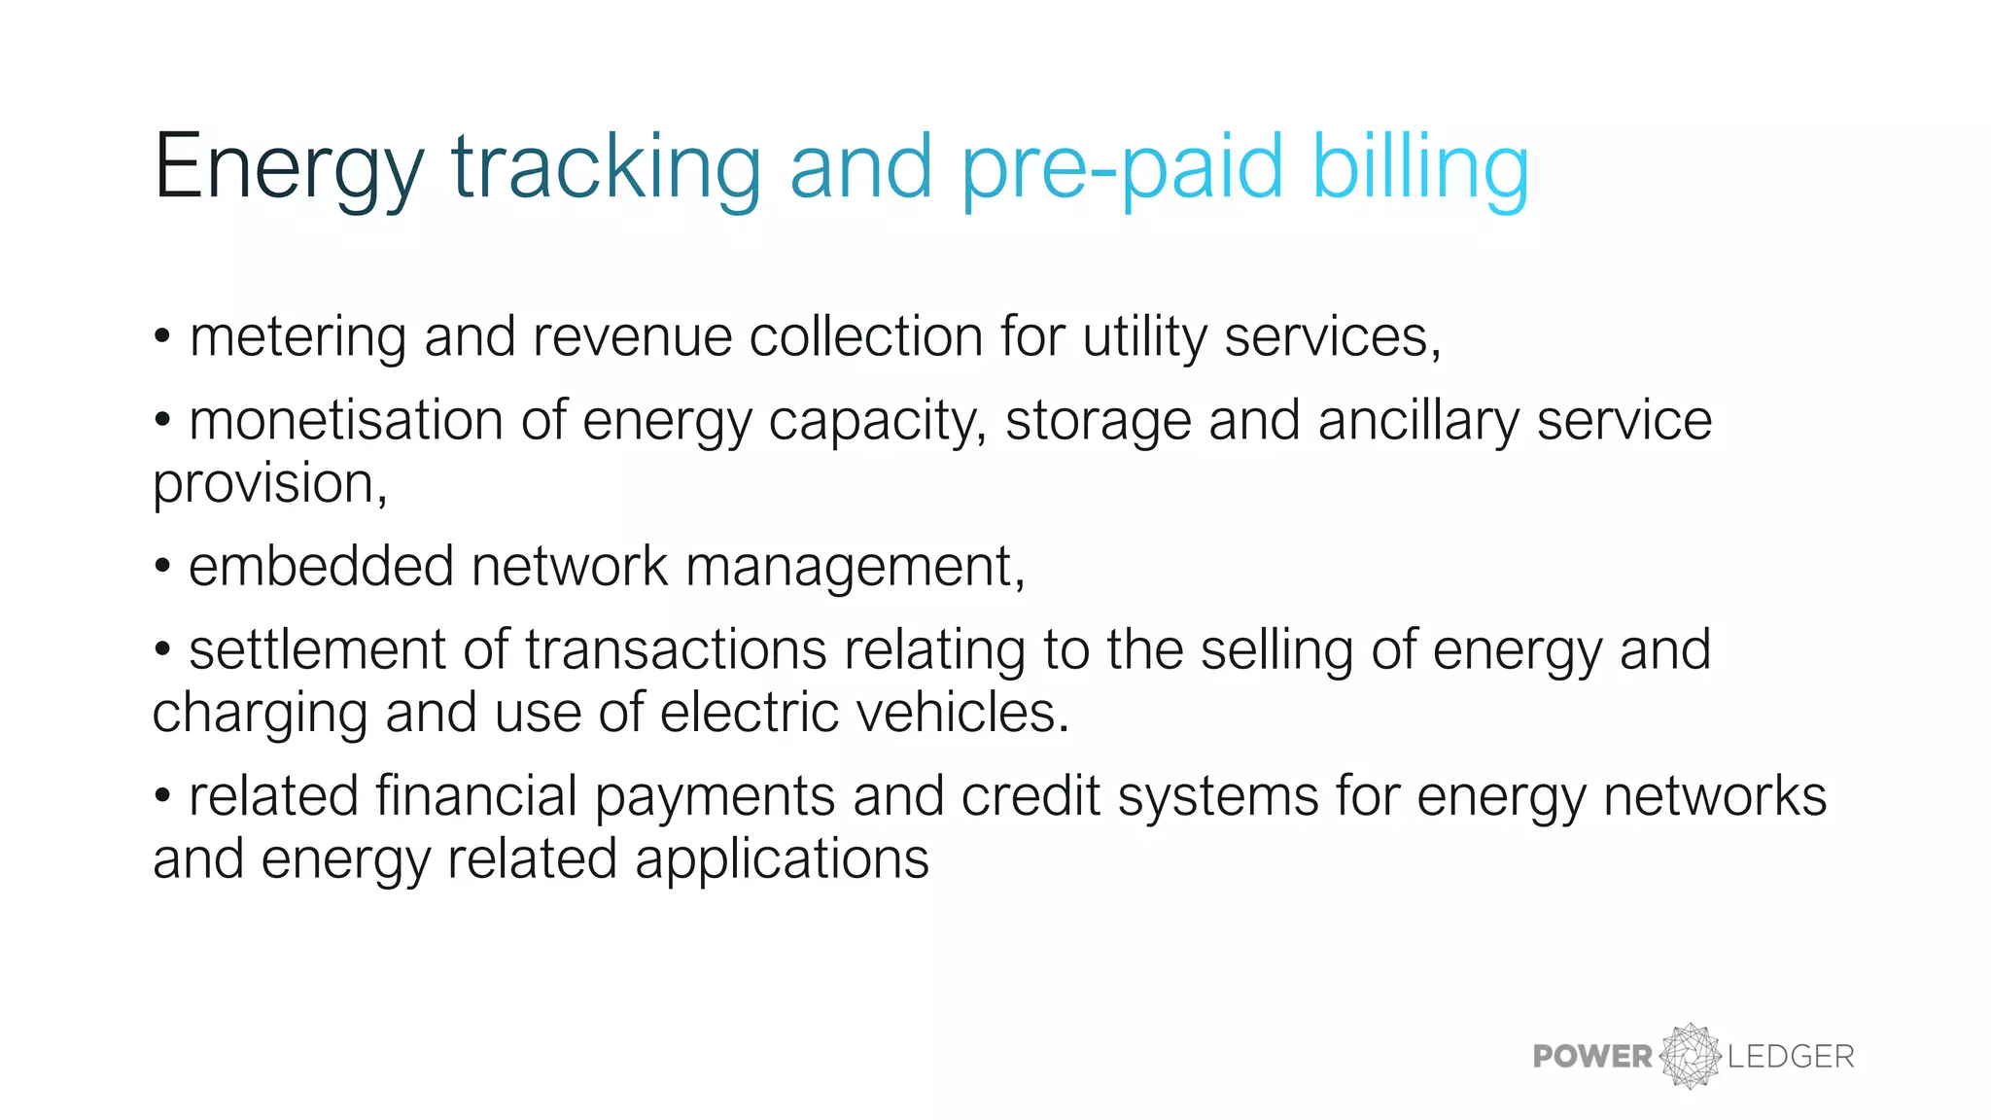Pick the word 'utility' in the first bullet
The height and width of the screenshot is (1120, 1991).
tap(1144, 337)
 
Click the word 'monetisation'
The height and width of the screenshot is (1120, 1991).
tap(346, 421)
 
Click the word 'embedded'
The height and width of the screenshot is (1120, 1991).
tap(321, 567)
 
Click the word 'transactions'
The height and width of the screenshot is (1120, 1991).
tap(676, 650)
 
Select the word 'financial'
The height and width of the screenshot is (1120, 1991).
tap(476, 796)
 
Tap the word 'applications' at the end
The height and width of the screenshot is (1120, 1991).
tap(782, 859)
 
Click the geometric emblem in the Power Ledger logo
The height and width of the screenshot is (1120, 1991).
tap(1690, 1056)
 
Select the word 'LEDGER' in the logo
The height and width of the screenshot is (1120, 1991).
tap(1791, 1057)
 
